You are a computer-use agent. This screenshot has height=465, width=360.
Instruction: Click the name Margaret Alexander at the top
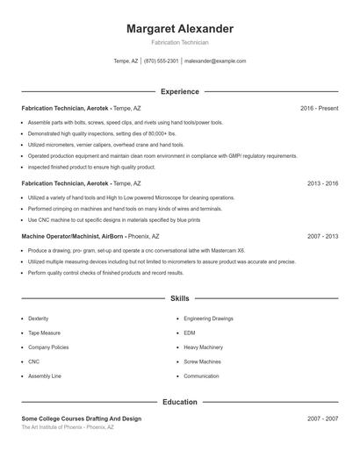tap(180, 29)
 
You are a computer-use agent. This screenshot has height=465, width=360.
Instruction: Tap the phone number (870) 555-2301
tap(161, 61)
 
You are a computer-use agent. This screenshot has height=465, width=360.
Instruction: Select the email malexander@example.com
tap(215, 61)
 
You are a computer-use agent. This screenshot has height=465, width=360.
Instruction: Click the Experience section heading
tap(180, 91)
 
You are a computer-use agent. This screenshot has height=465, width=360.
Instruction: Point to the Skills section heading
tap(180, 299)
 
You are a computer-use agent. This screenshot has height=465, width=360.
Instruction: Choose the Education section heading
tap(180, 402)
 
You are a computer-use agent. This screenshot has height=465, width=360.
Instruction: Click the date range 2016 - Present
tap(319, 108)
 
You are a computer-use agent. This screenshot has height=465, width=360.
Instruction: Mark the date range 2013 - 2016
tap(322, 183)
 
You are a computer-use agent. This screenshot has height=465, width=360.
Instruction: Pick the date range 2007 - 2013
tap(322, 236)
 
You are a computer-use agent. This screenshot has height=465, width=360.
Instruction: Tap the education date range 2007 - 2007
tap(322, 419)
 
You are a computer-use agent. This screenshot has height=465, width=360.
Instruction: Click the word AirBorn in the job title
tap(112, 236)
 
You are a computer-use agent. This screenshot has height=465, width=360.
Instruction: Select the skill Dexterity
tap(39, 318)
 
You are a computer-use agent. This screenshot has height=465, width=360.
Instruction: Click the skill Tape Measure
tap(44, 333)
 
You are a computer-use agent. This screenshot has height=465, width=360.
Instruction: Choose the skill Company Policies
tap(48, 347)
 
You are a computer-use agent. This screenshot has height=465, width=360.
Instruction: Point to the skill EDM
tap(190, 333)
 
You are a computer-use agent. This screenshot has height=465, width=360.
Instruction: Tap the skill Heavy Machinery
tap(203, 347)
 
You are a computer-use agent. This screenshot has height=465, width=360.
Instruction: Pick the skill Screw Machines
tap(202, 361)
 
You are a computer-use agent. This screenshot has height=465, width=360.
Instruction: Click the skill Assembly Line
tap(45, 376)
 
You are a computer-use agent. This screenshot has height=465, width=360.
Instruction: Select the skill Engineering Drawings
tap(208, 318)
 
